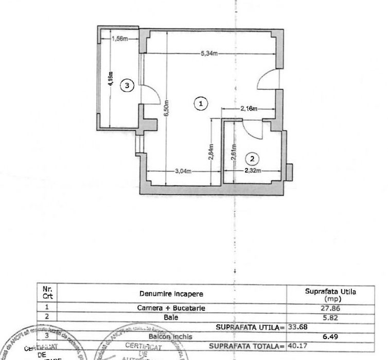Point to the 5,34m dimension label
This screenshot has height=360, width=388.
click(210, 53)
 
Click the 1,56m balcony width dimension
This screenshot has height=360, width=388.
click(119, 38)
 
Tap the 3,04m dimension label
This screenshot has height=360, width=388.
click(183, 171)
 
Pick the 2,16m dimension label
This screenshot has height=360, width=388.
click(249, 109)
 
